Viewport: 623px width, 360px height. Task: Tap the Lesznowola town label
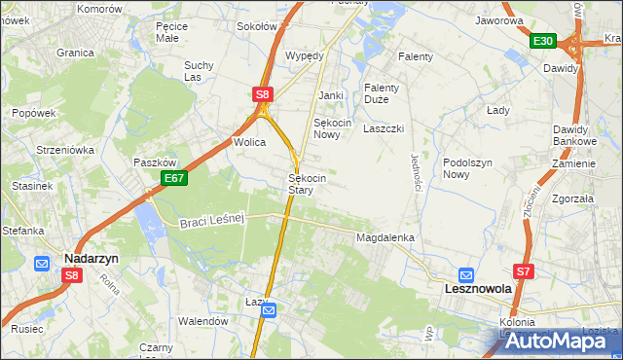pyautogui.click(x=478, y=289)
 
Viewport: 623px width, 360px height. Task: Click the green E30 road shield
pyautogui.click(x=543, y=41)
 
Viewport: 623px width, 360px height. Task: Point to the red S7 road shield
pyautogui.click(x=525, y=271)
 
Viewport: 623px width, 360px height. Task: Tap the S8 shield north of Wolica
pyautogui.click(x=262, y=94)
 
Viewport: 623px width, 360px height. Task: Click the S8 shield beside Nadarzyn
pyautogui.click(x=72, y=275)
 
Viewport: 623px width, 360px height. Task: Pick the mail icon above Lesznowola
pyautogui.click(x=466, y=274)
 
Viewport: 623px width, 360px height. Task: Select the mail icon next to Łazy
pyautogui.click(x=270, y=310)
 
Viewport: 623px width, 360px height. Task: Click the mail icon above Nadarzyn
pyautogui.click(x=42, y=264)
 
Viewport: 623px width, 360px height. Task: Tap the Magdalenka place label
pyautogui.click(x=386, y=237)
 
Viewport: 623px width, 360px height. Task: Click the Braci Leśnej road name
pyautogui.click(x=209, y=223)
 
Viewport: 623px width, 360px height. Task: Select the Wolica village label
pyautogui.click(x=249, y=142)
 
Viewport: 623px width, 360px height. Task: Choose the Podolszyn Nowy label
pyautogui.click(x=469, y=169)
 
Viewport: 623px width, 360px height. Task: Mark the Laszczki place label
pyautogui.click(x=383, y=128)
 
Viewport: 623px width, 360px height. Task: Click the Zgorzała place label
pyautogui.click(x=571, y=198)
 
